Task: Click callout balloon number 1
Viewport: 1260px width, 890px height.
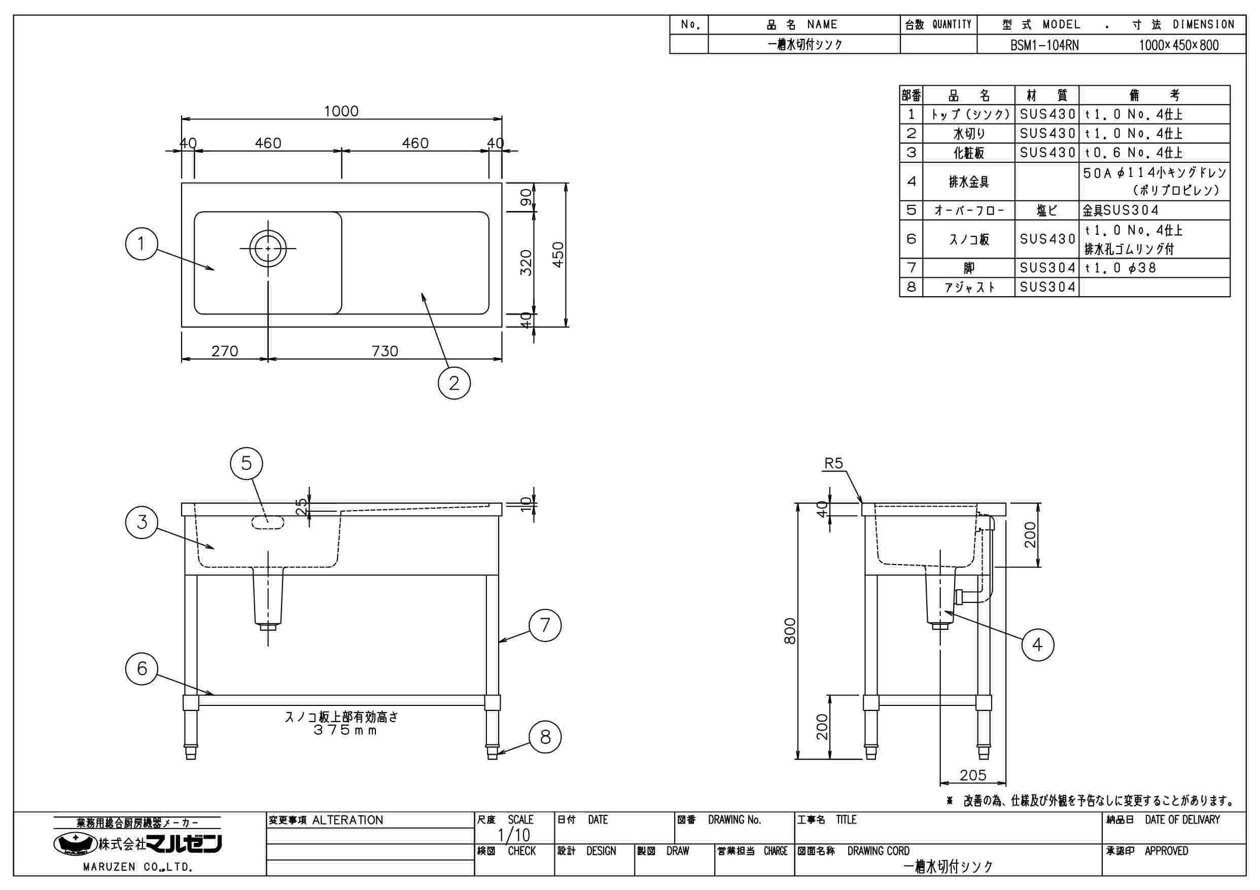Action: click(x=142, y=243)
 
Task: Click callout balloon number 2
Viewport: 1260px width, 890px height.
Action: click(x=454, y=382)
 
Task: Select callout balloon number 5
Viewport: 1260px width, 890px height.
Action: click(x=247, y=464)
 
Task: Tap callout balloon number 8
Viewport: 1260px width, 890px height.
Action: click(x=545, y=737)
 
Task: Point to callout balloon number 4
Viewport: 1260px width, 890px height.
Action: click(x=1038, y=644)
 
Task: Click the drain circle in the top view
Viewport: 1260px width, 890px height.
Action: click(x=268, y=248)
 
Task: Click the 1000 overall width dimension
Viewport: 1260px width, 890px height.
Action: click(x=341, y=112)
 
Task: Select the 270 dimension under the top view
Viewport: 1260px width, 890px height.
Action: click(x=225, y=351)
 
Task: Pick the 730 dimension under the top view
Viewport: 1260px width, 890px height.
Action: click(x=384, y=351)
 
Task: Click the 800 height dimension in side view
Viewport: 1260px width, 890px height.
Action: click(x=790, y=631)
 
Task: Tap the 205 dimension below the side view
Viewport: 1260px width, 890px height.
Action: click(x=973, y=775)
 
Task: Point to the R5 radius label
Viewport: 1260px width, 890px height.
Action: click(x=833, y=464)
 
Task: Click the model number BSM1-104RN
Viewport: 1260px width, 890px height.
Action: click(x=1044, y=45)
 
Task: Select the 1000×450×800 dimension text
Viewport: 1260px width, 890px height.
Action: click(x=1179, y=45)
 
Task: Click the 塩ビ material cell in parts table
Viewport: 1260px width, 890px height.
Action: click(x=1046, y=210)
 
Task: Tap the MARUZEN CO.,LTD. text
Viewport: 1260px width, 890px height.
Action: click(x=138, y=868)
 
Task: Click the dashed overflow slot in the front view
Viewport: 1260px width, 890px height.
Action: click(x=268, y=523)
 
